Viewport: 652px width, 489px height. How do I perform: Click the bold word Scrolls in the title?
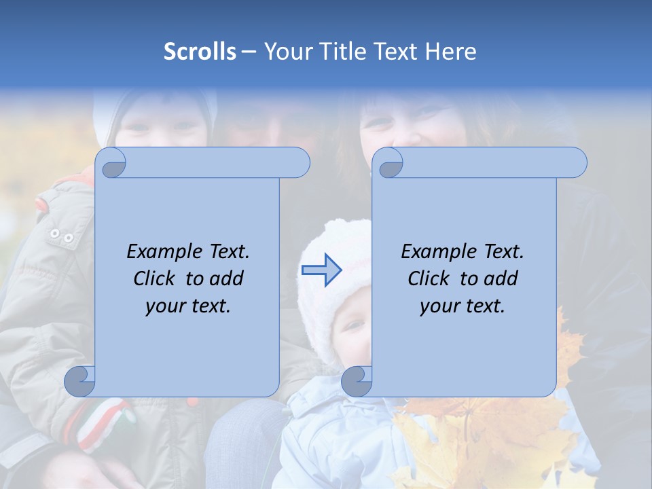(x=200, y=52)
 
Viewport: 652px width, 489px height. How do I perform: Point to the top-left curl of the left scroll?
(x=111, y=163)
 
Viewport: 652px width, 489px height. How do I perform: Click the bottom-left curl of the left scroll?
(x=79, y=381)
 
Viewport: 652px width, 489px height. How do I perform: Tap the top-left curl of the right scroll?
(x=389, y=163)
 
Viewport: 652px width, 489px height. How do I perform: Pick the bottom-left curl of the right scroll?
(x=356, y=381)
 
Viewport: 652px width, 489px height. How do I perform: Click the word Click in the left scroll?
(x=156, y=278)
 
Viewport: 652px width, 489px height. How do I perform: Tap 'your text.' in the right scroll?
(x=462, y=306)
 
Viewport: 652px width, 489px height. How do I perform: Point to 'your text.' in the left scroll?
(x=187, y=306)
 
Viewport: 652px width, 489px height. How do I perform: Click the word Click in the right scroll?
(x=430, y=278)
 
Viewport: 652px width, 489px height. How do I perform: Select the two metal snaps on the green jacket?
(x=61, y=236)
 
